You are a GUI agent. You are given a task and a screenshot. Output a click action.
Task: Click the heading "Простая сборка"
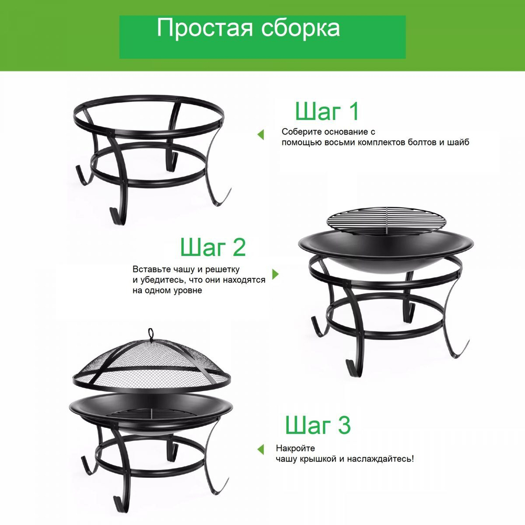click(248, 29)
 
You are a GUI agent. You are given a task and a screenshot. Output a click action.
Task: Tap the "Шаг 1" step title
click(327, 112)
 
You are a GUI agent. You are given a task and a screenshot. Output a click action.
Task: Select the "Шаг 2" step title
click(213, 247)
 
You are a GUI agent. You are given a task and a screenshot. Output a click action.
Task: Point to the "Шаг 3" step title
click(318, 426)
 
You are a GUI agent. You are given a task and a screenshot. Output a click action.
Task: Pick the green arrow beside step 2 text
click(276, 275)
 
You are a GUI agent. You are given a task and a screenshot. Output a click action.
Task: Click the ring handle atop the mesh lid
click(151, 333)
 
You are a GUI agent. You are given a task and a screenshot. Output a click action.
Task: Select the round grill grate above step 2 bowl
click(386, 217)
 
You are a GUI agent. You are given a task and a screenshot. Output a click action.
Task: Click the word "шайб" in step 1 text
click(458, 142)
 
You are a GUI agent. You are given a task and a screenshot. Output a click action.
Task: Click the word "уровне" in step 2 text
click(188, 290)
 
